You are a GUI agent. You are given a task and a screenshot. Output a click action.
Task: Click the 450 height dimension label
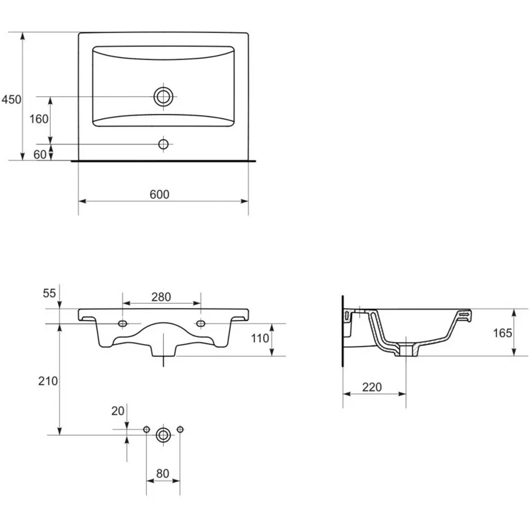click(11, 99)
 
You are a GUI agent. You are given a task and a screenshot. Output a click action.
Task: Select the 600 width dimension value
click(159, 195)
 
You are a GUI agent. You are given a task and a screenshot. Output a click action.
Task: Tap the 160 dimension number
click(39, 119)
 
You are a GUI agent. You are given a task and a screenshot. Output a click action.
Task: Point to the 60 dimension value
click(40, 154)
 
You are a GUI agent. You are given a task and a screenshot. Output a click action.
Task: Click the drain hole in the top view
click(164, 96)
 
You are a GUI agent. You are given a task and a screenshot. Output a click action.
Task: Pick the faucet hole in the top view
click(164, 144)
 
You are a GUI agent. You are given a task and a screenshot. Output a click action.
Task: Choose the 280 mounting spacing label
click(161, 297)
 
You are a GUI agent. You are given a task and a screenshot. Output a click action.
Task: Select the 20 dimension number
click(117, 410)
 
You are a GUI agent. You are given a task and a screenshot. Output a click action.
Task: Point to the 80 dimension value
click(163, 473)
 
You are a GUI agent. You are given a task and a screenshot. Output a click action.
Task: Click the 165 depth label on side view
click(502, 333)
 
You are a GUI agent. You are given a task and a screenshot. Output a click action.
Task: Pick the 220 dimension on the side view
click(372, 387)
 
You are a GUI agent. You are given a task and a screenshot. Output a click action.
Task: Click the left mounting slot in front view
click(123, 323)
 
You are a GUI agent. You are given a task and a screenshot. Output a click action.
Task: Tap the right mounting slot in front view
click(201, 323)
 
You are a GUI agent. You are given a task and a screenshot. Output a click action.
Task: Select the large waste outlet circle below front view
click(163, 435)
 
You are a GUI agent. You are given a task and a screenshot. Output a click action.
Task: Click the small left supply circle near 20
click(146, 429)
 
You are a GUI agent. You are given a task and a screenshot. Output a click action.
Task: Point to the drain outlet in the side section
click(407, 350)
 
